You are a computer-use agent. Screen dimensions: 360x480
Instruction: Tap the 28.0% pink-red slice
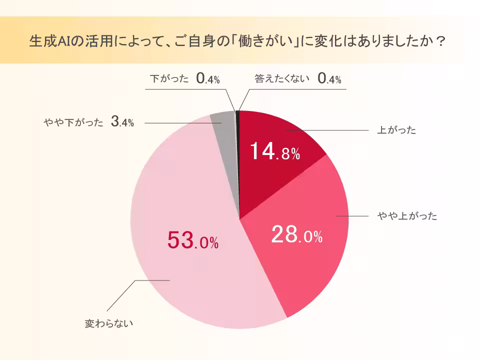[x=300, y=250]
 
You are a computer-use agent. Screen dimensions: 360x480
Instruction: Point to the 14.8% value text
[x=274, y=151]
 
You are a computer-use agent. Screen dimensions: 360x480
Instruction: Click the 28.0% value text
[x=296, y=235]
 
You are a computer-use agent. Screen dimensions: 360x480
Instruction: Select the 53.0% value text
[x=192, y=241]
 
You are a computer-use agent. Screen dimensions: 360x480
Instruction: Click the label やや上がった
[x=407, y=216]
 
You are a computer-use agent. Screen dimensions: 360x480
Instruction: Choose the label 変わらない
[x=109, y=323]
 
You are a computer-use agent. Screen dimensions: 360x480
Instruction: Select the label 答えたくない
[x=282, y=78]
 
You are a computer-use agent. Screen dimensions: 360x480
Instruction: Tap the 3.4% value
[x=122, y=122]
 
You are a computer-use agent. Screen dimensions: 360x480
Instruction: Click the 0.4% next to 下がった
[x=208, y=78]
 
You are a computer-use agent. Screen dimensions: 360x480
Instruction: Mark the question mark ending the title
[x=440, y=40]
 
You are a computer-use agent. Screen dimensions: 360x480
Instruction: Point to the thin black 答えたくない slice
[x=238, y=120]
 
